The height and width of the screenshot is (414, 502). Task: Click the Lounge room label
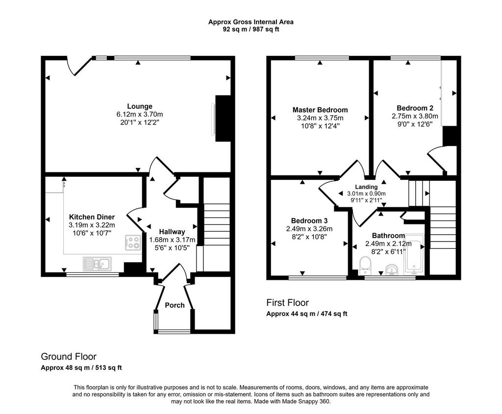tap(140, 106)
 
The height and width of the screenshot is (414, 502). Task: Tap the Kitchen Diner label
tap(92, 217)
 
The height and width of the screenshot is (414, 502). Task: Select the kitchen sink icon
tap(97, 264)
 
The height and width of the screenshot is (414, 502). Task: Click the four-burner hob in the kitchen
tap(133, 243)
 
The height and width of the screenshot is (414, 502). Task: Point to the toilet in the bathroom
tap(365, 266)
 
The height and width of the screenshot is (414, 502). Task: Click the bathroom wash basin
tap(391, 269)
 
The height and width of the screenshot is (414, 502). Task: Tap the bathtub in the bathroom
tap(414, 255)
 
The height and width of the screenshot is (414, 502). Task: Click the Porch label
tap(175, 305)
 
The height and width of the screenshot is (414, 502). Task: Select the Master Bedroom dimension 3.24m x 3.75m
tap(320, 118)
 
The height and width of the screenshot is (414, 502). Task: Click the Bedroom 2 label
tap(415, 108)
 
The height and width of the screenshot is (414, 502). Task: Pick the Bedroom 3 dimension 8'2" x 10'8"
tap(309, 237)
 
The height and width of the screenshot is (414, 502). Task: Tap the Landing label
tap(366, 187)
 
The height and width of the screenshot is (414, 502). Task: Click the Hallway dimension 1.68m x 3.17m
tap(172, 240)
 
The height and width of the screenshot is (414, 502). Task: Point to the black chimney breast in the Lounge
tap(223, 119)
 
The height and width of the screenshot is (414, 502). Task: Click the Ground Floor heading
tap(69, 356)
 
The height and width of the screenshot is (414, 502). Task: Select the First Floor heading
tap(287, 303)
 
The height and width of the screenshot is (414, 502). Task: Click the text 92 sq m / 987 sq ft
tap(251, 29)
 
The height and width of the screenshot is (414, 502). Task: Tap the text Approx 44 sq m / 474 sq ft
tap(307, 314)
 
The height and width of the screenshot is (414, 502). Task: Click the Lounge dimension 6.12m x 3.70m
tap(140, 114)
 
